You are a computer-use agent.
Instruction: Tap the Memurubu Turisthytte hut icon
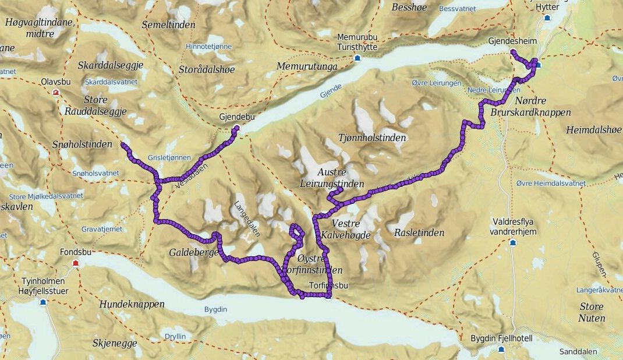[357, 58]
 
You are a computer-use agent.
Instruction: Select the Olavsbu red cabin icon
[56, 93]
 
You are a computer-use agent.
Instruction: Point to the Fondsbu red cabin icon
[75, 264]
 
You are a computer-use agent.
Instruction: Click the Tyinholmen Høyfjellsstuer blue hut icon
[43, 302]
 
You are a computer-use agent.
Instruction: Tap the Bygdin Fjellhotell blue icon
[501, 349]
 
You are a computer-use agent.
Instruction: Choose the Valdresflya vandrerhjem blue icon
[513, 242]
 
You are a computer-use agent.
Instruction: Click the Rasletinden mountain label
[419, 233]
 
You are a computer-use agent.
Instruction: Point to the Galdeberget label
[193, 253]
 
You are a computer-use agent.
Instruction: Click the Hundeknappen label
[132, 304]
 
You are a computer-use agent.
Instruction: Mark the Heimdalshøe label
[593, 130]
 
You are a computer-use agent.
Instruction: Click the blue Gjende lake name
[329, 91]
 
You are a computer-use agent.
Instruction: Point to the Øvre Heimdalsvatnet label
[551, 183]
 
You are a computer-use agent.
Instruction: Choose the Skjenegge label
[114, 343]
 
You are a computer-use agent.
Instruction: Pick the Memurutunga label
[307, 66]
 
